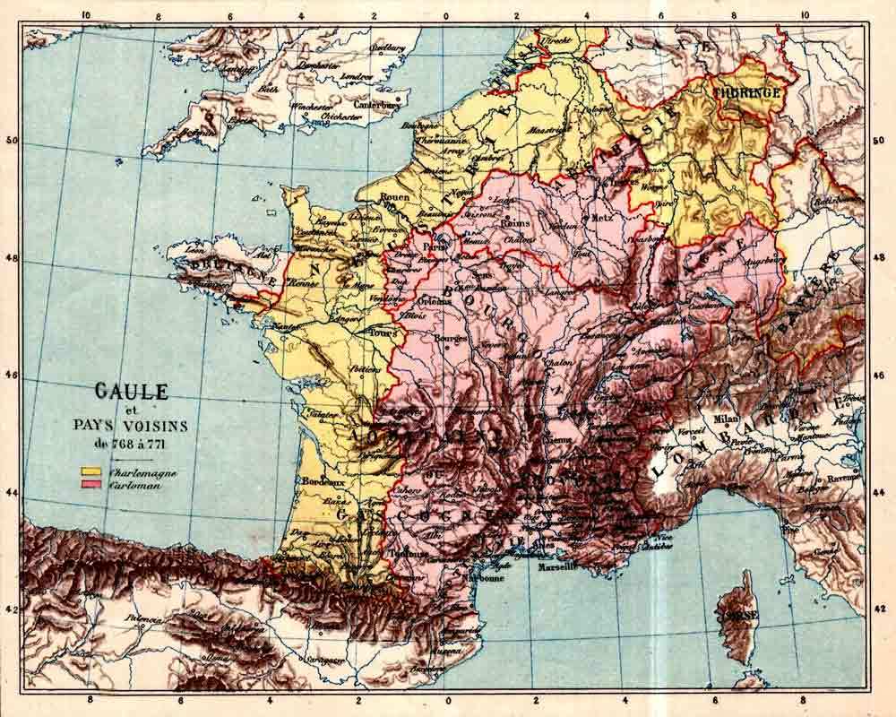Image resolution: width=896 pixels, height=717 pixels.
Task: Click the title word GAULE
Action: (132, 392)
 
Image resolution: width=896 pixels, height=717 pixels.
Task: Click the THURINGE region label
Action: (746, 91)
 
